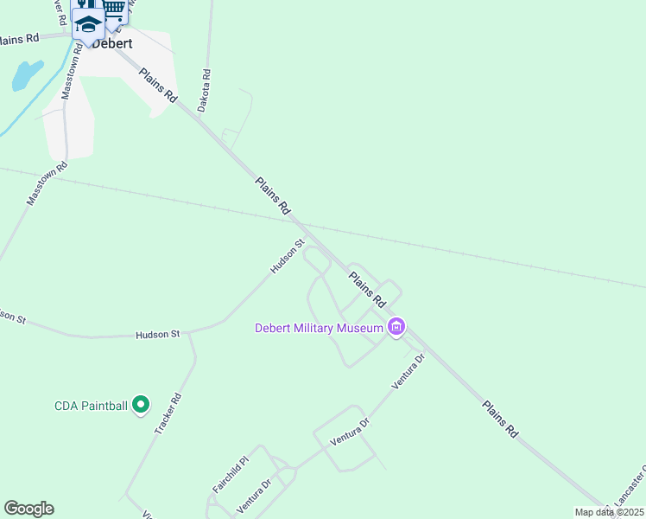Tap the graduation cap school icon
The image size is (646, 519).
pos(87,24)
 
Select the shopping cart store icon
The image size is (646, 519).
pos(113,9)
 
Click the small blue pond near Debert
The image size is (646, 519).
pos(26,75)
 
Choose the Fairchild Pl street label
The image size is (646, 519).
pos(231,475)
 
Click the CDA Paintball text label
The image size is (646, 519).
pos(91,405)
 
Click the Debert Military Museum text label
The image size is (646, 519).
pos(319,328)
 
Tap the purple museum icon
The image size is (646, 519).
pos(396,327)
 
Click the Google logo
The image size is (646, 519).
pos(28,509)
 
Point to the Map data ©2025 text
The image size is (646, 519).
pos(608,512)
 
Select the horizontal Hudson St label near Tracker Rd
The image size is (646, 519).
pos(157,333)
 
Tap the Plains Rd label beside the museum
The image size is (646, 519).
pos(367,289)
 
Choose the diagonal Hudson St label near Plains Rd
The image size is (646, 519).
pos(288,257)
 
